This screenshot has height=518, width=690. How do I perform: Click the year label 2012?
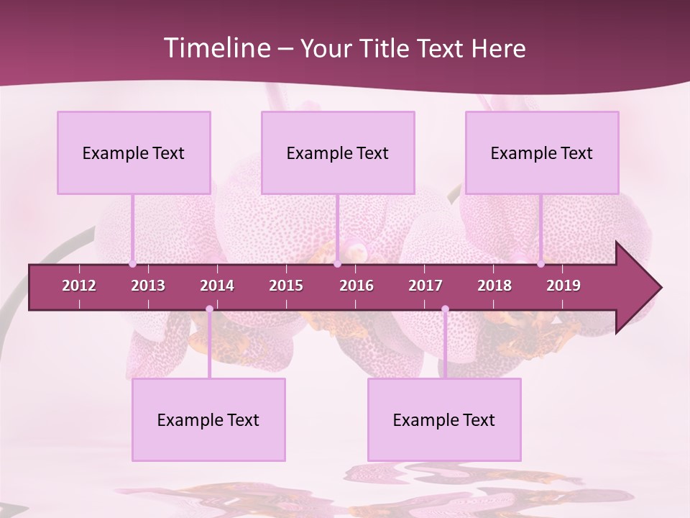(x=79, y=286)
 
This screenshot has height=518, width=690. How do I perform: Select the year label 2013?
(x=148, y=286)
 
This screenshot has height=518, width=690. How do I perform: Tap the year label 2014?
(x=217, y=286)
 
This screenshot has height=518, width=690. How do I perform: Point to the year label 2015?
(x=286, y=286)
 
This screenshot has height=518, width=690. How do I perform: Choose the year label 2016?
(x=356, y=286)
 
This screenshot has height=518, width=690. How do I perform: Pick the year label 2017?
(x=425, y=286)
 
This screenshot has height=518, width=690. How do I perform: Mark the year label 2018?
(x=494, y=286)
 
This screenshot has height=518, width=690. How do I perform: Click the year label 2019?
(x=563, y=286)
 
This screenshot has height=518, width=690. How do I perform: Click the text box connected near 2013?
(x=134, y=153)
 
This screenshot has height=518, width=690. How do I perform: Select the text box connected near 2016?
(x=338, y=153)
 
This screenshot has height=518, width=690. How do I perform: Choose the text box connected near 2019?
(x=542, y=153)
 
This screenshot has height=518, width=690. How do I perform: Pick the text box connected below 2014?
(x=208, y=419)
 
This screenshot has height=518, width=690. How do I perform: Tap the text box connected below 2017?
(x=444, y=419)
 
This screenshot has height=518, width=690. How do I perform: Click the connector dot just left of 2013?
(x=132, y=264)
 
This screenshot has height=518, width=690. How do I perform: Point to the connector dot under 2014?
(x=209, y=309)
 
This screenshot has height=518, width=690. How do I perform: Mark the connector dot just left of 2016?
(x=337, y=264)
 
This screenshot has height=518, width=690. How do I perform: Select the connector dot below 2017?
(x=445, y=309)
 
